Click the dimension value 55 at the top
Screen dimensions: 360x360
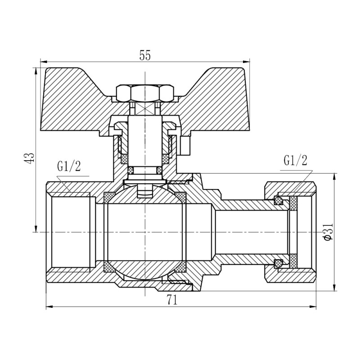click(x=144, y=55)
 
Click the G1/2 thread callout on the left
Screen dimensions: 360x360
click(x=69, y=167)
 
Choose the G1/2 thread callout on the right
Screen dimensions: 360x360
click(x=296, y=161)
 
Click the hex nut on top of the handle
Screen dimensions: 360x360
click(x=145, y=93)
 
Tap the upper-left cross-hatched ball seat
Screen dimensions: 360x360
click(x=109, y=197)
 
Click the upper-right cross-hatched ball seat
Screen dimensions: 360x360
click(x=181, y=197)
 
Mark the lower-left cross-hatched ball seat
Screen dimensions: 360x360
click(x=109, y=267)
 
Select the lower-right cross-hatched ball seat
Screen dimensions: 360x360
click(x=181, y=267)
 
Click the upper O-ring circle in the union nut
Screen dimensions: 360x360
click(x=279, y=201)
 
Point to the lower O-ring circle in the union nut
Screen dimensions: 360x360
click(x=279, y=263)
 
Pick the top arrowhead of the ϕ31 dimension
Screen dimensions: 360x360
click(x=334, y=177)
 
